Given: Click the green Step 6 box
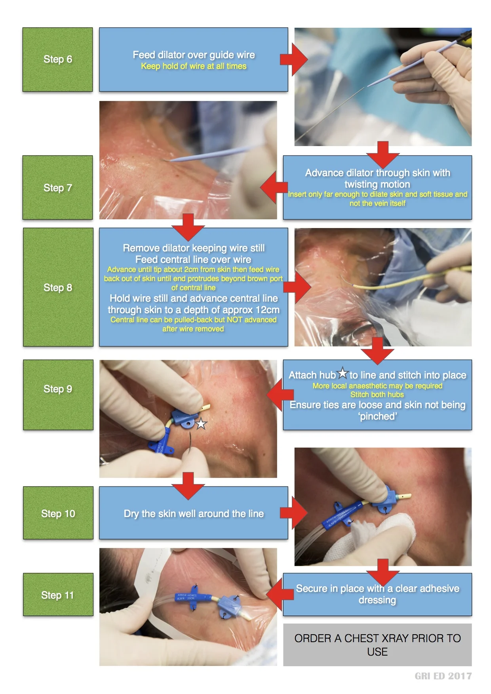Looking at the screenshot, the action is point(57,59).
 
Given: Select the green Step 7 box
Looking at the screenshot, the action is point(57,187).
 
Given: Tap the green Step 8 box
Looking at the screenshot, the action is point(58,287).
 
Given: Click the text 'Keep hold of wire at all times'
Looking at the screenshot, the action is point(194,66).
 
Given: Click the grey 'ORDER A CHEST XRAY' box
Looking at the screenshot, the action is point(377,645).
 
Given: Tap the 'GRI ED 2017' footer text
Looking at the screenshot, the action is point(443,676).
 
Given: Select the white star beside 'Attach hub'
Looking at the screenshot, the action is point(343,373).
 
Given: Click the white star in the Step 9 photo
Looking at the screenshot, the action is point(201,424).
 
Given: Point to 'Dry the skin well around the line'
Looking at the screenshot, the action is point(194,513).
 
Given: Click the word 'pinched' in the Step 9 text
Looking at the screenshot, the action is point(378,416).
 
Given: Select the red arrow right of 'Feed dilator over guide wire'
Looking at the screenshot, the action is point(294,59).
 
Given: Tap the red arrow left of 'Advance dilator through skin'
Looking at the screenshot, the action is point(274,187).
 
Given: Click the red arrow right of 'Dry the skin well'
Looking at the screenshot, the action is point(294,513).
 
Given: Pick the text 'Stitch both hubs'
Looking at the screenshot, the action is point(377,394).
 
